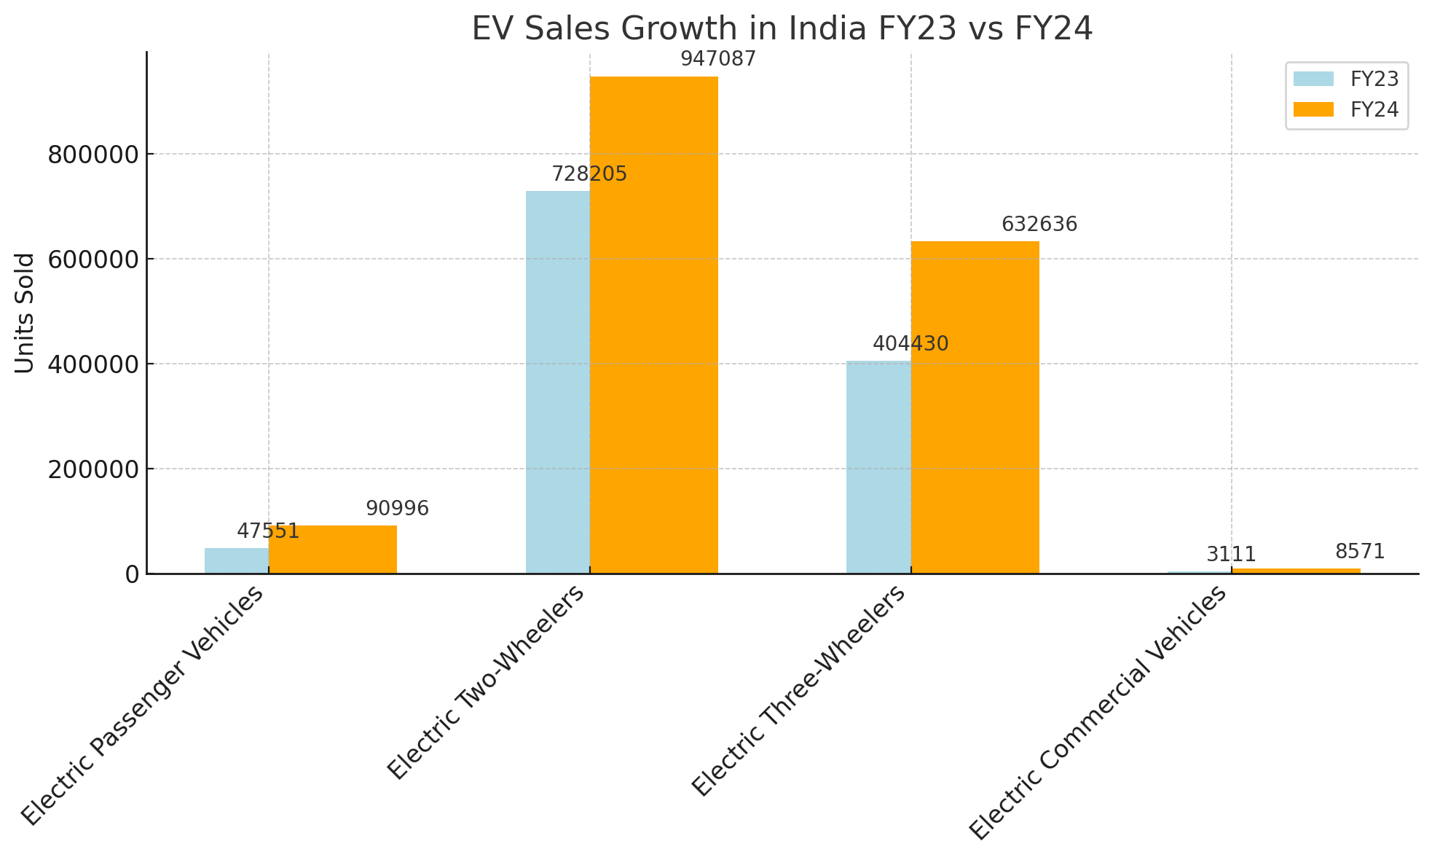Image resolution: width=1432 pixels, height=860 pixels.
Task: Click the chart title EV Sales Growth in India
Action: point(782,29)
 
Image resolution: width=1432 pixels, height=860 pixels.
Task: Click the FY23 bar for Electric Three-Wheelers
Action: point(878,466)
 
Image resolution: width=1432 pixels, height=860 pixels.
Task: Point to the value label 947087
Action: point(718,59)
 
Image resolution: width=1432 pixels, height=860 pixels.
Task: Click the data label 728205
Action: point(589,174)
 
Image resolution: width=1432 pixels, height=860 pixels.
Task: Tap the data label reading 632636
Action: point(1039,224)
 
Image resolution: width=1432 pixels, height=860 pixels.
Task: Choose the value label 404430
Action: point(910,344)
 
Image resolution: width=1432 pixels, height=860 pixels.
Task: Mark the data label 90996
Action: point(397,509)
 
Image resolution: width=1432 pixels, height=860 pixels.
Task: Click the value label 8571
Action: point(1359,552)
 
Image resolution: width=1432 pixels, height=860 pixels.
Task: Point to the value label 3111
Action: point(1231,555)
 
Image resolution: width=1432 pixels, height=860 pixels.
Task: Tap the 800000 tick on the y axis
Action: point(93,155)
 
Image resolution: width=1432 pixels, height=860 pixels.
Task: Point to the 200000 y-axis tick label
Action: point(93,469)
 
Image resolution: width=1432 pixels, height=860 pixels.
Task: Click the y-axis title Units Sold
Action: point(25,313)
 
